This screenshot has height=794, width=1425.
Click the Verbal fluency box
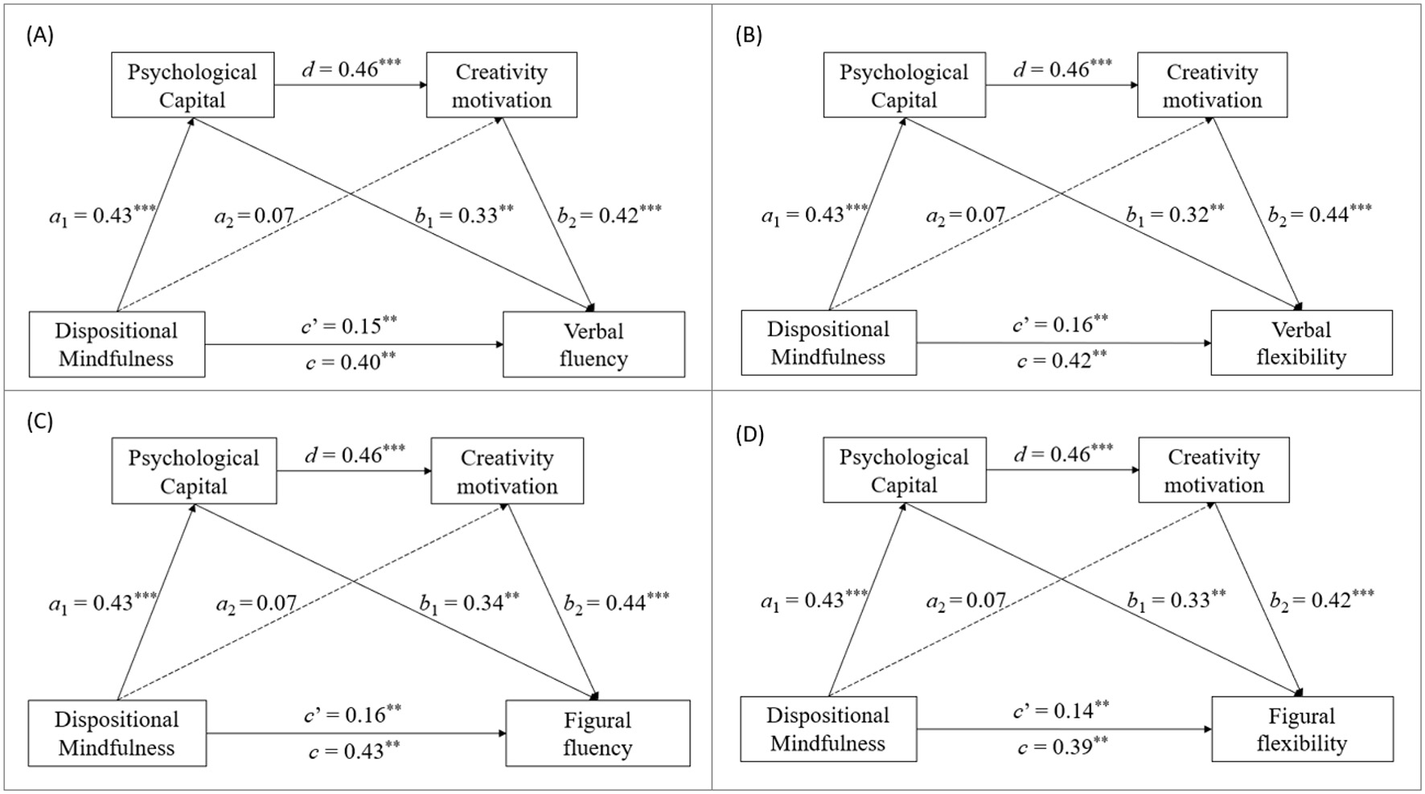click(593, 344)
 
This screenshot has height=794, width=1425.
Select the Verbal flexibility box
click(1301, 343)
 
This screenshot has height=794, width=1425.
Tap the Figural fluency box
click(597, 733)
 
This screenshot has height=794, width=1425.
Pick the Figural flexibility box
click(1301, 729)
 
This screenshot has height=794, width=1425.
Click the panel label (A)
click(39, 35)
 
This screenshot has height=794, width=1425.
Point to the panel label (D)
click(749, 434)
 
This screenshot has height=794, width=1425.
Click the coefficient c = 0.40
click(351, 362)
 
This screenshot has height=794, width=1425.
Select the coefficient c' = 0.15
click(349, 325)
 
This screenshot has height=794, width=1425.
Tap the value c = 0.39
click(1062, 747)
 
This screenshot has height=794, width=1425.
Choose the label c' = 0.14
click(1061, 710)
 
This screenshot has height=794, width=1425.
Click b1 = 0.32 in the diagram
click(1175, 215)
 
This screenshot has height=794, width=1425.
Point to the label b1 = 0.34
click(469, 603)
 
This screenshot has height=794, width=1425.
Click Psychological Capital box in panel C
click(194, 471)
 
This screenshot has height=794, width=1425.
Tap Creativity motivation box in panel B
click(1212, 85)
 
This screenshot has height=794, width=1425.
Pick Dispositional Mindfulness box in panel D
click(827, 729)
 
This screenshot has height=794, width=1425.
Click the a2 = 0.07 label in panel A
click(254, 216)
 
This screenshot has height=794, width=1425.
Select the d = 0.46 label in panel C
click(354, 455)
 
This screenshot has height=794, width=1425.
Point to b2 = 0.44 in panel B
click(1320, 214)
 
